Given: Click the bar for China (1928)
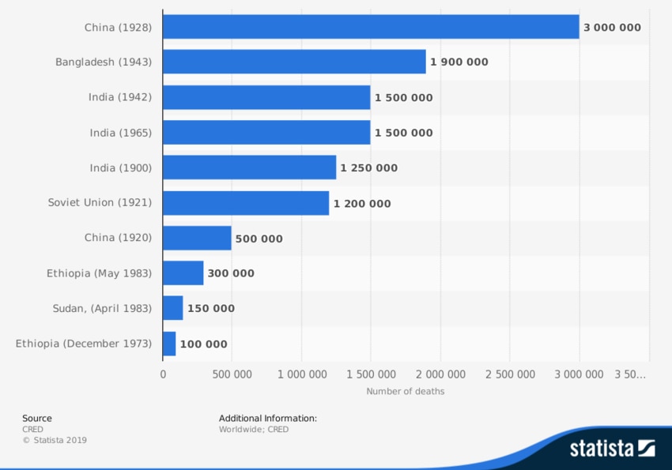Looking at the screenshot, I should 371,27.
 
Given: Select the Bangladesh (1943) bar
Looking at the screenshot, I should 294,62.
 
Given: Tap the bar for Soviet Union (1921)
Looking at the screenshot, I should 246,203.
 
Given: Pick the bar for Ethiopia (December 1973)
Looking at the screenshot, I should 169,344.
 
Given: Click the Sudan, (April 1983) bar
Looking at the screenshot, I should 173,308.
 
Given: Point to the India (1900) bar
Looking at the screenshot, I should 249,167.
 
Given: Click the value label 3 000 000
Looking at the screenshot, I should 612,28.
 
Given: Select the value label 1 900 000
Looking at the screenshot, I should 459,62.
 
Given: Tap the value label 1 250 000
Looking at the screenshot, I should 369,168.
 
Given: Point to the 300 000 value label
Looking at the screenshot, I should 231,273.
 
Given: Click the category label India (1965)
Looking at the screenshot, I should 120,133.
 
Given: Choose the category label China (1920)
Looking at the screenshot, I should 118,238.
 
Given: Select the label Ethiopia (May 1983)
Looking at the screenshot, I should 99,273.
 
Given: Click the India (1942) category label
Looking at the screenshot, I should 120,97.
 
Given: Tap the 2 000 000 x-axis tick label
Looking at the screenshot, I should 440,374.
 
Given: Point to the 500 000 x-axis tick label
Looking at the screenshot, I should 232,374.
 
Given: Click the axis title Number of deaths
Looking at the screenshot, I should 406,391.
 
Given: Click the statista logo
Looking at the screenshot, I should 612,448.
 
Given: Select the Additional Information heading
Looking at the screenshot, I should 268,419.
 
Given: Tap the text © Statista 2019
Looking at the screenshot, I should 55,440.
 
